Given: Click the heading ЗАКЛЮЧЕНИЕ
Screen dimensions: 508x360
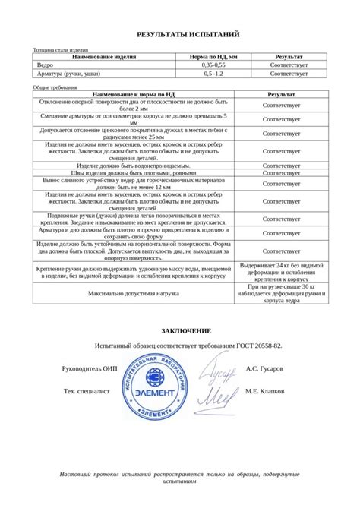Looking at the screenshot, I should click(x=187, y=331).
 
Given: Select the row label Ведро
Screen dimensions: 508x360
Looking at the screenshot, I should click(x=46, y=66).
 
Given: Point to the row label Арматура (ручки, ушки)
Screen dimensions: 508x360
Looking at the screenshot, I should click(x=69, y=74).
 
